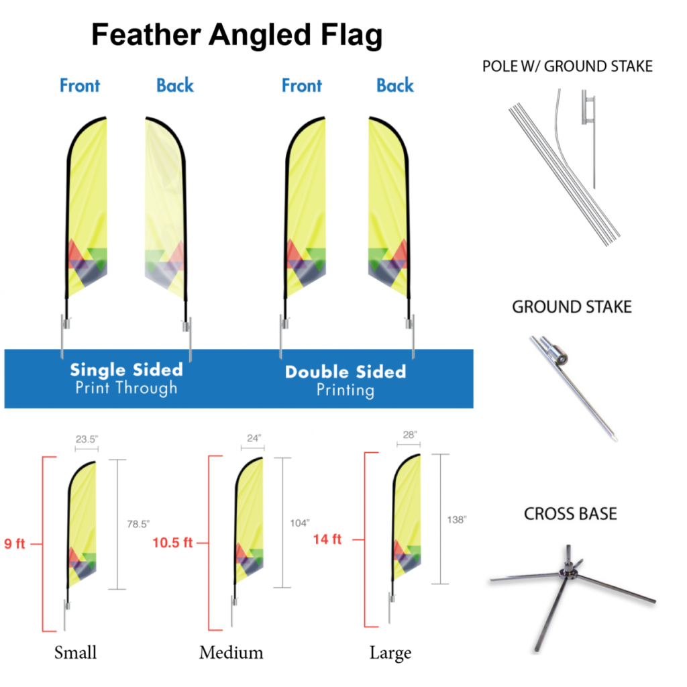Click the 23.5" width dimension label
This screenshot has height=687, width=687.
click(x=87, y=439)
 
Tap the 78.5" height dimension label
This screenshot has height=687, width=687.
click(x=138, y=524)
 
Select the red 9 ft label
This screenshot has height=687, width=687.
click(x=15, y=543)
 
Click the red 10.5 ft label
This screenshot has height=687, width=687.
click(x=172, y=543)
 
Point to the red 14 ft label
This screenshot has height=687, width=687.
click(x=327, y=539)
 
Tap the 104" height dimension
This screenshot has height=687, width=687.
click(x=299, y=523)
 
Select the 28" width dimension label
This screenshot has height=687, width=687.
click(x=410, y=435)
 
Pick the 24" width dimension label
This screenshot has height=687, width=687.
click(x=254, y=438)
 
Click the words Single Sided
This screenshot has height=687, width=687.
click(x=126, y=370)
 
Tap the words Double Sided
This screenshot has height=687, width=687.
click(x=346, y=372)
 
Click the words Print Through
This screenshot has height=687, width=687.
click(x=126, y=388)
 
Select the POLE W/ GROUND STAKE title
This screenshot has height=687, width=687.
click(x=567, y=66)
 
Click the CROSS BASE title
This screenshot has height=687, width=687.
click(x=570, y=514)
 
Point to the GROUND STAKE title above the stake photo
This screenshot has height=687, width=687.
click(x=572, y=307)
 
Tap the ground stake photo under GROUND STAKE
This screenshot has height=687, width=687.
click(x=574, y=389)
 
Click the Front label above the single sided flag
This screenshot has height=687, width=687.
click(x=80, y=86)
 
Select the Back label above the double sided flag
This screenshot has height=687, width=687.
click(x=394, y=86)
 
